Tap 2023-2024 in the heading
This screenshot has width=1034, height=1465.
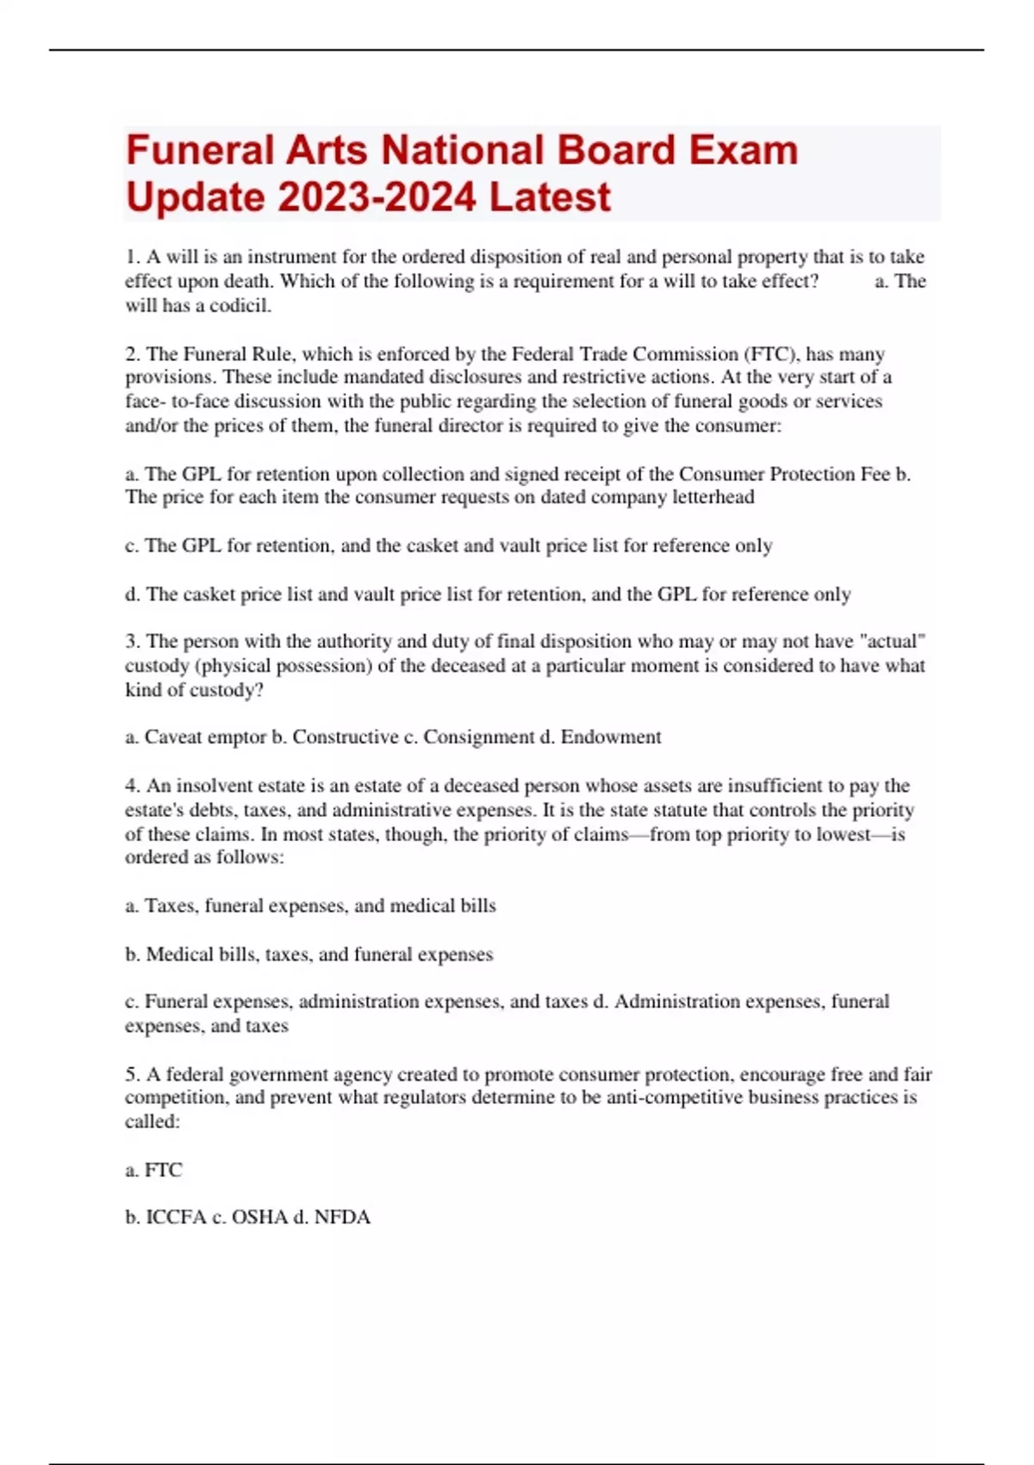coord(377,197)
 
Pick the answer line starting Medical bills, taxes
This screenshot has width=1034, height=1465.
coord(319,954)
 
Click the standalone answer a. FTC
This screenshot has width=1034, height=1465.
coord(154,1169)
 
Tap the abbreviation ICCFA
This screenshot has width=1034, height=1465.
coord(176,1217)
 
